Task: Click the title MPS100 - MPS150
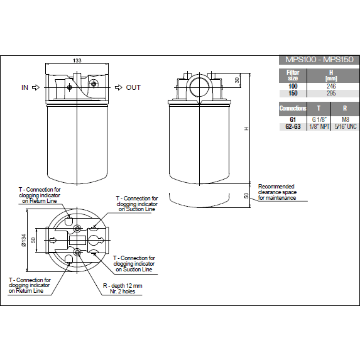(319, 60)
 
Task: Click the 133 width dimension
(77, 60)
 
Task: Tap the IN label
(25, 88)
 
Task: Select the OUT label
(133, 88)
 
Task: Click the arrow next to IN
(36, 88)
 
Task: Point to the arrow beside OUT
(118, 88)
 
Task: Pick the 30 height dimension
(237, 80)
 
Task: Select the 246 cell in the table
(330, 86)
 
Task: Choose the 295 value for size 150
(330, 93)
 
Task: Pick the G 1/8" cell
(319, 119)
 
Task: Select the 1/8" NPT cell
(319, 126)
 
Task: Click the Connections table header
(293, 109)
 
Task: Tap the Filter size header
(293, 75)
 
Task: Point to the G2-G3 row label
(293, 126)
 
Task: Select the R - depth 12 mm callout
(122, 288)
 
